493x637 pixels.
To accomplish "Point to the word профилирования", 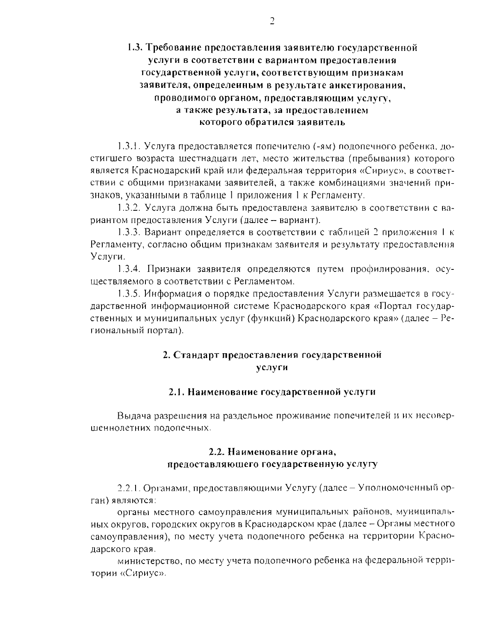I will (x=386, y=269).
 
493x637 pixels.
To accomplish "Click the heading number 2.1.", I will (x=176, y=392).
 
